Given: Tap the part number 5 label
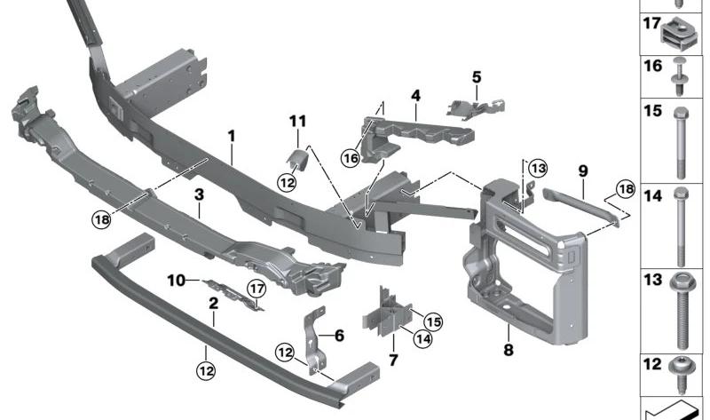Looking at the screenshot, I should coord(476,77).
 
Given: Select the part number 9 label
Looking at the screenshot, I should coord(583,169).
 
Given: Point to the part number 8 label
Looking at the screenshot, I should coord(509,350).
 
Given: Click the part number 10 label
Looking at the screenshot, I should coord(177,281).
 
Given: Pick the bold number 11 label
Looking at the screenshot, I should coord(296,120).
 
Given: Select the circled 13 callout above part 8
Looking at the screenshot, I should coord(539,168).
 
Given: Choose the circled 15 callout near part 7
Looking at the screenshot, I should coord(432,321).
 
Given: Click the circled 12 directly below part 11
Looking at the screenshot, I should coord(287,182).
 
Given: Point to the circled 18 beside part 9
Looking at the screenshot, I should coord(626,190).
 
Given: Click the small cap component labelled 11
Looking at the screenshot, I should coord(296,159).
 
